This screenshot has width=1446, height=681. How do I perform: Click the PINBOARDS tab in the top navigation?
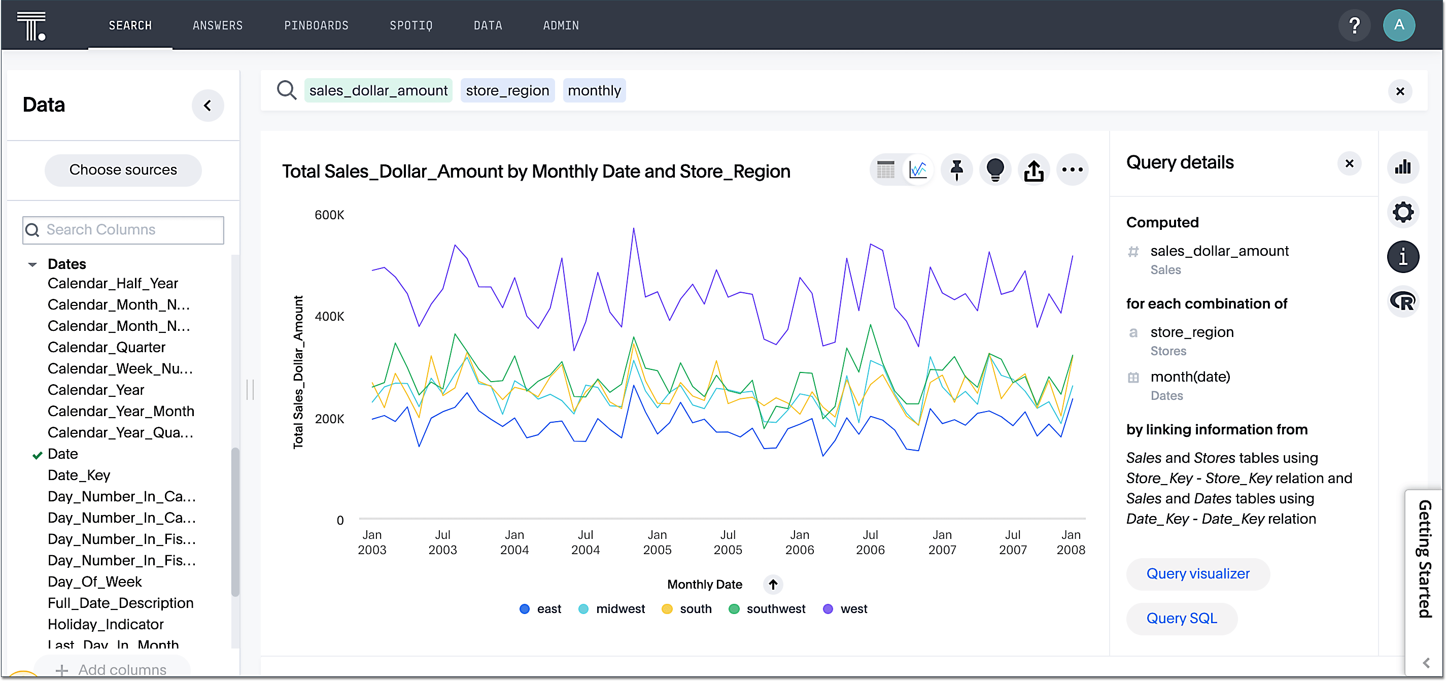[316, 25]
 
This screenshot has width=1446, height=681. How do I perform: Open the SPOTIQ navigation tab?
[411, 25]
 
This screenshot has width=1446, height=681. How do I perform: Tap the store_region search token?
[507, 90]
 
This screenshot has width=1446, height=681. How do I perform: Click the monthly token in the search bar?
[594, 90]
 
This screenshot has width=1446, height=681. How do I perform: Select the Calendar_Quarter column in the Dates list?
[106, 347]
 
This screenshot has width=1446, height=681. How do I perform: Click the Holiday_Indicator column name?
[106, 624]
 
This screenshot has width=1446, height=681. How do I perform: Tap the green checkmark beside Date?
[37, 455]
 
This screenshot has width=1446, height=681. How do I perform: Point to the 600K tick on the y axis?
[329, 215]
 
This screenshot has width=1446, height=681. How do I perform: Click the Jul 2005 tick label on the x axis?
[728, 542]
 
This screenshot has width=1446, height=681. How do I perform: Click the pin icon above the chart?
[956, 169]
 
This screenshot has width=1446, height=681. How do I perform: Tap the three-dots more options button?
[1072, 169]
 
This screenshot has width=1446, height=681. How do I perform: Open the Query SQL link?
[1181, 618]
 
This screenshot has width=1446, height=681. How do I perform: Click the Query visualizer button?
[1197, 574]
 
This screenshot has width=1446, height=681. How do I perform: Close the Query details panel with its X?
[1349, 163]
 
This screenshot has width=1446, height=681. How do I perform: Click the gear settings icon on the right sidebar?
[1403, 212]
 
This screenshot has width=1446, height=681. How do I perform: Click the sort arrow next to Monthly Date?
[772, 585]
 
